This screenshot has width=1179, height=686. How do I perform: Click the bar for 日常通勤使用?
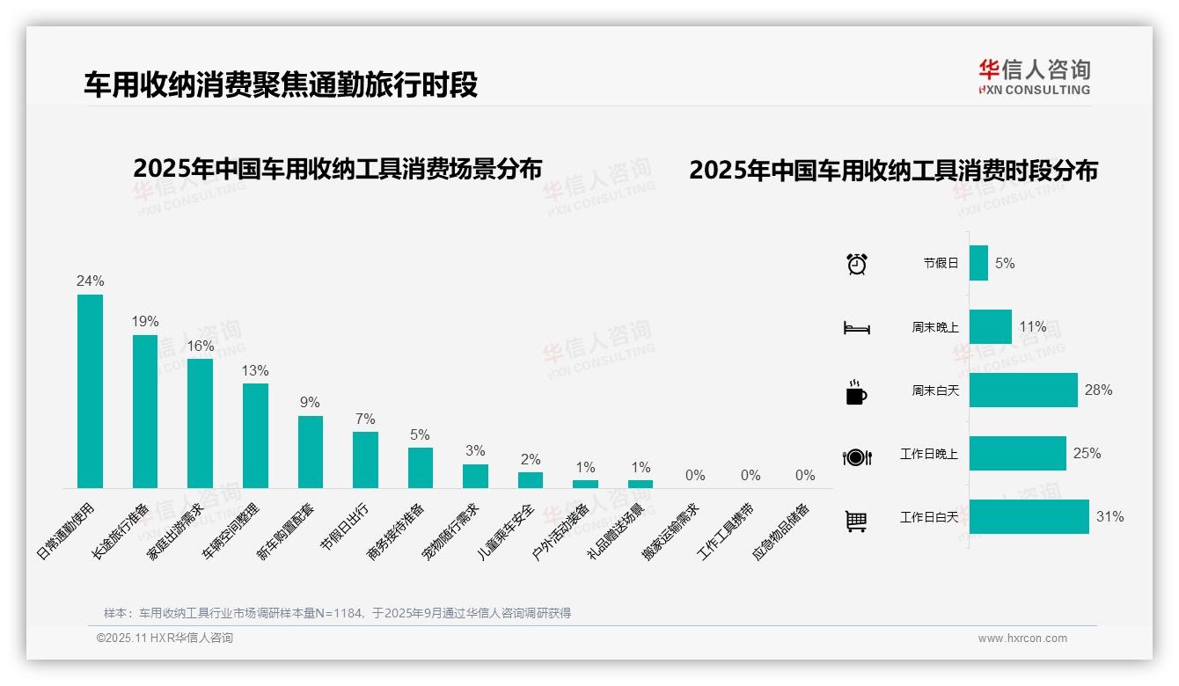[x=90, y=391]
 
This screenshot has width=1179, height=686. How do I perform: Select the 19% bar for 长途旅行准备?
[x=145, y=412]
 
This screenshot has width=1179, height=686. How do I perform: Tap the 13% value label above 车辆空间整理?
[x=255, y=371]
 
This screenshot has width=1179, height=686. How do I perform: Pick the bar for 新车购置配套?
[x=311, y=452]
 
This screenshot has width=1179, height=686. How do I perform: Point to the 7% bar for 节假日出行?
[x=365, y=460]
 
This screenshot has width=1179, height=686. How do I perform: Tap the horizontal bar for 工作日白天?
[x=1029, y=517]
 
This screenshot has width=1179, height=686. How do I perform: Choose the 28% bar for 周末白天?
[x=1023, y=390]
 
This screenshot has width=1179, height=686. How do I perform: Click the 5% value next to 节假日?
[x=1005, y=263]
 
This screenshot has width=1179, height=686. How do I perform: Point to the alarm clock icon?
[x=856, y=264]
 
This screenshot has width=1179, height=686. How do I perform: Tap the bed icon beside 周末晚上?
[x=856, y=328]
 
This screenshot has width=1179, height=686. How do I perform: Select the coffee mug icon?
[x=856, y=392]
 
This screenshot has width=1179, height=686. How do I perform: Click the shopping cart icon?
[x=856, y=521]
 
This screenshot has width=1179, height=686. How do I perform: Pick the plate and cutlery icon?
[x=856, y=456]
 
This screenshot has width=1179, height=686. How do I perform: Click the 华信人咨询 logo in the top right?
[x=1035, y=77]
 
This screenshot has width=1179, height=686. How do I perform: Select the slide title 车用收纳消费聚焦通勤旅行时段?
[x=281, y=85]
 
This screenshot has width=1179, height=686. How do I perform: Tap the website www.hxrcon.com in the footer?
[x=1022, y=639]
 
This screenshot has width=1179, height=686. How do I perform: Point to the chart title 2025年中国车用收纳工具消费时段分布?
[x=893, y=171]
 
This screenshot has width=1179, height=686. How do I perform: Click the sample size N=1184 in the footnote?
[x=333, y=613]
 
